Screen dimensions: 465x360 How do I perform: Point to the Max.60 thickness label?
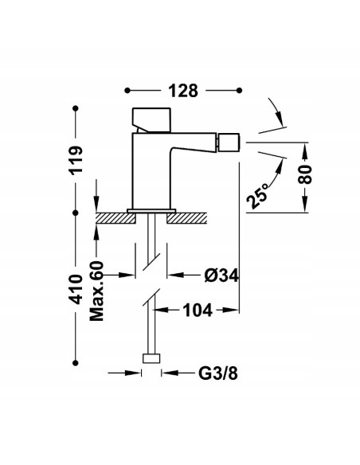(x=97, y=291)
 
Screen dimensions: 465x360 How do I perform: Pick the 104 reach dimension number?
(x=196, y=311)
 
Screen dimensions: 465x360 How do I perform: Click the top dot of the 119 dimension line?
(x=76, y=110)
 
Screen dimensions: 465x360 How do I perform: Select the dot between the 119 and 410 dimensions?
(x=76, y=213)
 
